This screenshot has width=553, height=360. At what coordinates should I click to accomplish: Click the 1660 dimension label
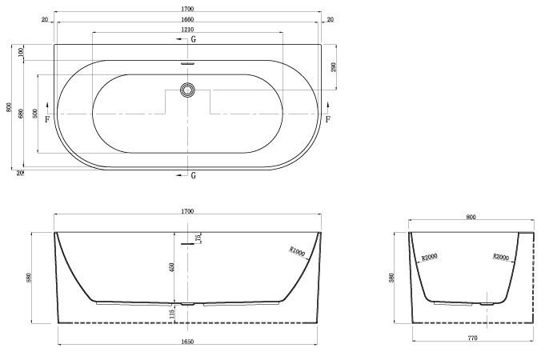pyautogui.click(x=187, y=19)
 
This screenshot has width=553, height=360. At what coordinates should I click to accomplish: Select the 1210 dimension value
pyautogui.click(x=187, y=30)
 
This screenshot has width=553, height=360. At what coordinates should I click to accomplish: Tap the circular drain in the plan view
pyautogui.click(x=187, y=90)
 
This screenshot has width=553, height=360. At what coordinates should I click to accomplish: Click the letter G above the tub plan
pyautogui.click(x=193, y=39)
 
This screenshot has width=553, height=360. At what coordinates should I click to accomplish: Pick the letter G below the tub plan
pyautogui.click(x=193, y=175)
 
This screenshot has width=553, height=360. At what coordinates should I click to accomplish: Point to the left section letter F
pyautogui.click(x=47, y=119)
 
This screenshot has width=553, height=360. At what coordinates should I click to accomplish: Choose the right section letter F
pyautogui.click(x=328, y=119)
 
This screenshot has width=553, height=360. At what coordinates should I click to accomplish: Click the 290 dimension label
pyautogui.click(x=334, y=67)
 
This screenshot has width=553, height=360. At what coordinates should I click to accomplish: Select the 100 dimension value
pyautogui.click(x=21, y=52)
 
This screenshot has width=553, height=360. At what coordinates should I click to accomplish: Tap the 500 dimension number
pyautogui.click(x=34, y=114)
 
